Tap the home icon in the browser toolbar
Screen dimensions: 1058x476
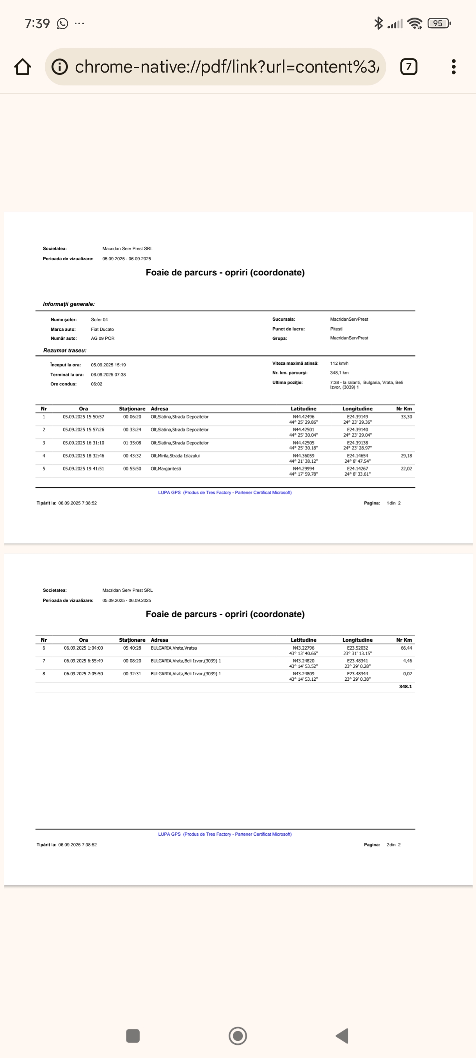23,67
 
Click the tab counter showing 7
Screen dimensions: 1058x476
408,67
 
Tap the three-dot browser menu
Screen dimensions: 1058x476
453,67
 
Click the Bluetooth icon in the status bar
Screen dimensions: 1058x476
378,23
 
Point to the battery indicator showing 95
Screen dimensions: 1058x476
439,23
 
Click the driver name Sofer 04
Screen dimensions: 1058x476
99,320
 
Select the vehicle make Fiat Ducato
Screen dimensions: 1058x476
102,329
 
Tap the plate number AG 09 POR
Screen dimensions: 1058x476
103,339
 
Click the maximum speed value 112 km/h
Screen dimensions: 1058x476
339,364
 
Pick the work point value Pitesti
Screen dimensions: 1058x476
336,329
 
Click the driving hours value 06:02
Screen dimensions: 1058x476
96,384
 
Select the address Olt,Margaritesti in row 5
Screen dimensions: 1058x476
165,469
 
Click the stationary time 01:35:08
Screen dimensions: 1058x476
132,443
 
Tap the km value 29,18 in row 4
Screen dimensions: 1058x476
406,456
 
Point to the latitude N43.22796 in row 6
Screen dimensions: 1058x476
304,648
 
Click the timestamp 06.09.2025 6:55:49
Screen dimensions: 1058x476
83,661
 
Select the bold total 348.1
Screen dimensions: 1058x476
405,687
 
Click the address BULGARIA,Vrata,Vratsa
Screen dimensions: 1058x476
174,648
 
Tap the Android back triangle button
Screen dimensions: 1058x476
342,1035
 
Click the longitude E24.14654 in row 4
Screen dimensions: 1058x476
357,456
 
